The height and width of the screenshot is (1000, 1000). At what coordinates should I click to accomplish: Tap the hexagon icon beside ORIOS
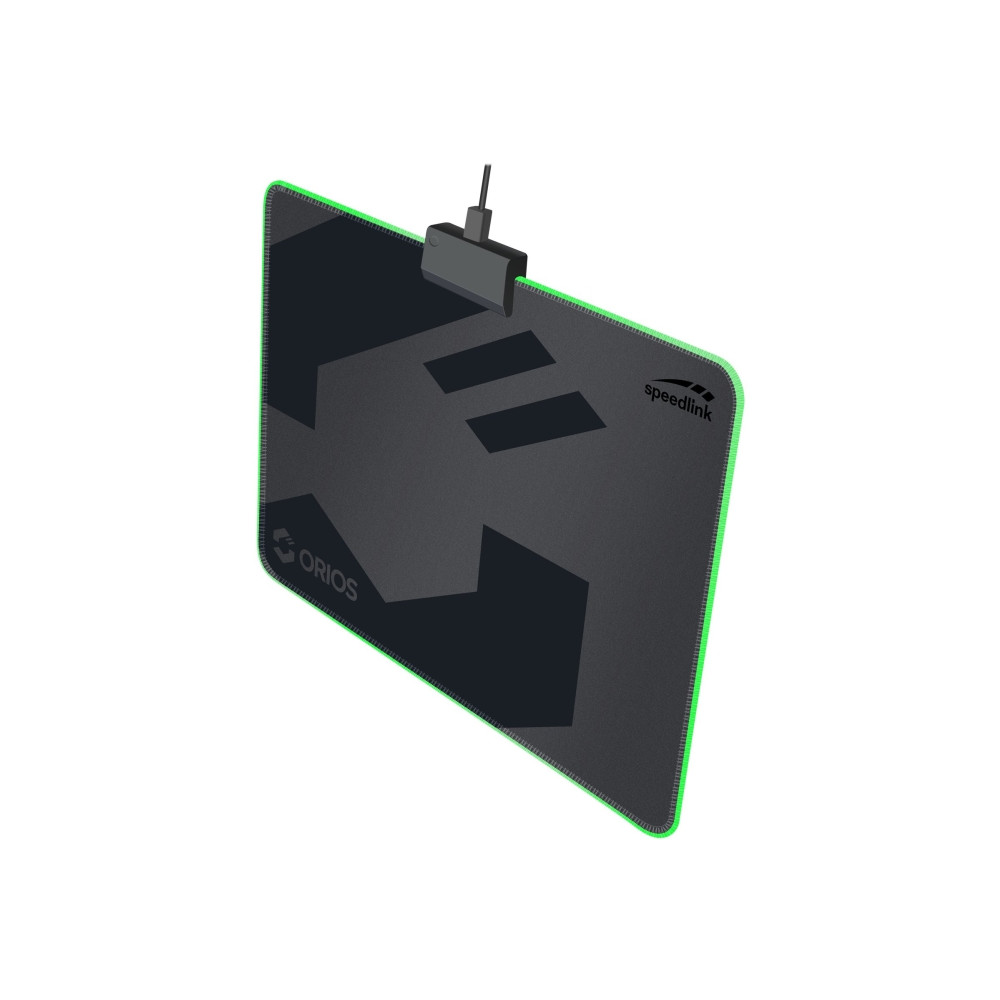pyautogui.click(x=283, y=543)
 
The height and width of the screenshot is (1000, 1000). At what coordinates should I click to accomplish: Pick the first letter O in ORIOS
pyautogui.click(x=305, y=560)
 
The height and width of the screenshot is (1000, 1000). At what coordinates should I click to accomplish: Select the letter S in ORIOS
pyautogui.click(x=348, y=589)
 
